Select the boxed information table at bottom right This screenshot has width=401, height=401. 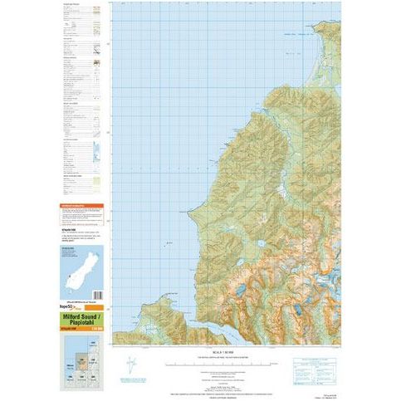pos(320,362)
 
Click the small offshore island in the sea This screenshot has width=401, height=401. pos(169,243)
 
